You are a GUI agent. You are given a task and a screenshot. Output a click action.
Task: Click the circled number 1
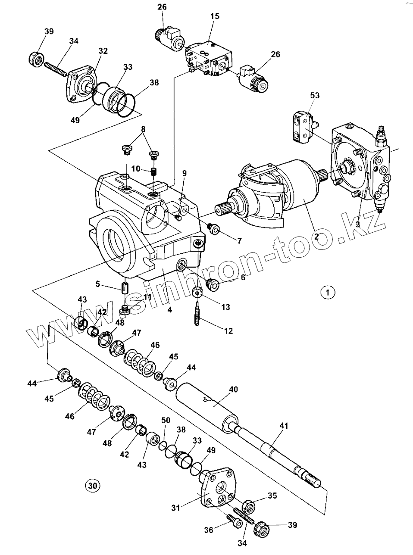point(328,293)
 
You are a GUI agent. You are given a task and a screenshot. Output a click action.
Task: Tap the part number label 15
point(215,16)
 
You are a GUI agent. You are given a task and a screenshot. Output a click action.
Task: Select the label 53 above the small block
point(314,95)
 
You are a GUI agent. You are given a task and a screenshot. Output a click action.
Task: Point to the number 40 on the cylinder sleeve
point(233,390)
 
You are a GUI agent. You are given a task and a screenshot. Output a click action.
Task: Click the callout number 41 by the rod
point(283,425)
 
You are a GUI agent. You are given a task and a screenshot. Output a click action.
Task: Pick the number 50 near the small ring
point(166,420)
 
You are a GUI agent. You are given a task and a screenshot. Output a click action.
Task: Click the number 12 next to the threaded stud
point(228,331)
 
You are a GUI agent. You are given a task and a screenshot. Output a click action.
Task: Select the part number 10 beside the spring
point(136,168)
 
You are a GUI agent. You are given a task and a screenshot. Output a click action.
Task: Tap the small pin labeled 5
point(125,287)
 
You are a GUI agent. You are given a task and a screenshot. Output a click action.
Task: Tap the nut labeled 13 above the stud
point(197,293)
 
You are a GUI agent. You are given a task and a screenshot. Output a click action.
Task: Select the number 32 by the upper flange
point(103,51)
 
